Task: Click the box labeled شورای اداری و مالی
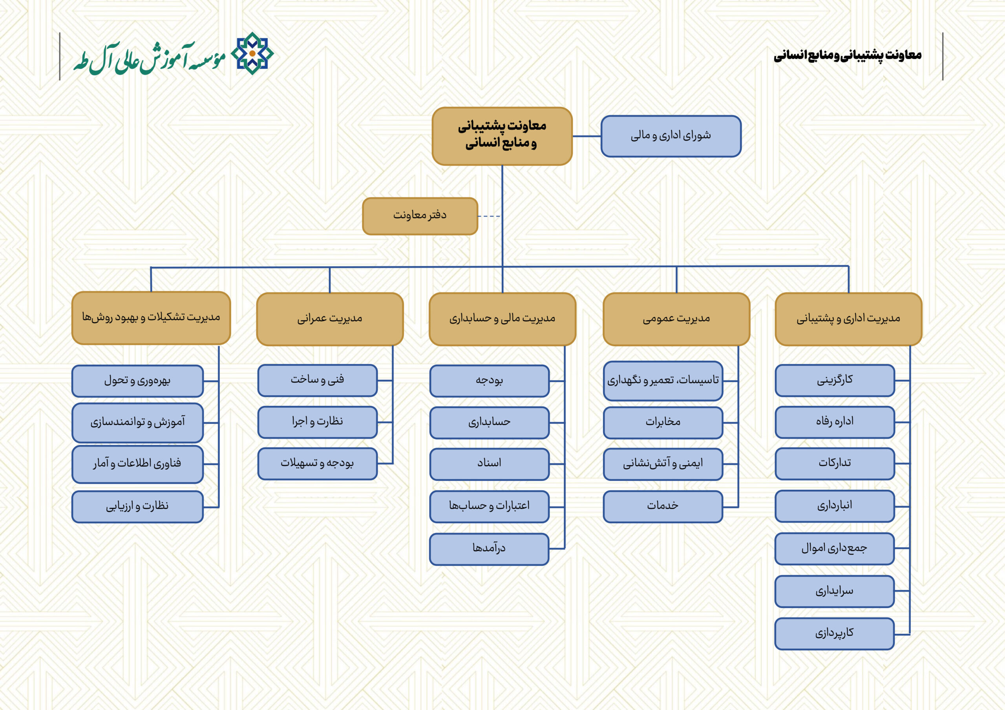[671, 136]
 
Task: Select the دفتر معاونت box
[420, 216]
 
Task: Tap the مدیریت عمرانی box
[330, 319]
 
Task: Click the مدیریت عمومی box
[676, 319]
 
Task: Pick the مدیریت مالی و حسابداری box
[502, 319]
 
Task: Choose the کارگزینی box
[835, 380]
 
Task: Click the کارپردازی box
[834, 633]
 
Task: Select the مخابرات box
[663, 422]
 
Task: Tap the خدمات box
[663, 506]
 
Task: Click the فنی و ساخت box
[317, 380]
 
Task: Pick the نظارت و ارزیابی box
[137, 506]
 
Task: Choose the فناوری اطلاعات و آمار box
[137, 464]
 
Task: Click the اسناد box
[490, 464]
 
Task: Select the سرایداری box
[834, 591]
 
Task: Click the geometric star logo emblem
[252, 53]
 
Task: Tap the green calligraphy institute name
[149, 58]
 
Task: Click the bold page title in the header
[848, 56]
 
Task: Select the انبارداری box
[835, 506]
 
